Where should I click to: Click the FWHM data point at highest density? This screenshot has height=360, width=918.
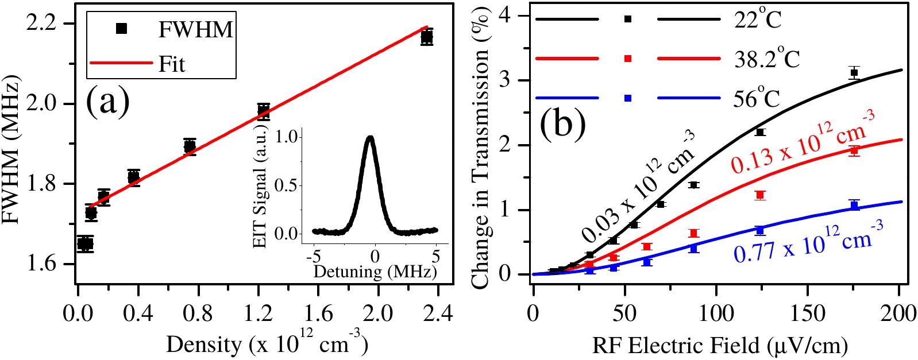tap(427, 38)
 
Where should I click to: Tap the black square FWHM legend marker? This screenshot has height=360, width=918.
tap(121, 28)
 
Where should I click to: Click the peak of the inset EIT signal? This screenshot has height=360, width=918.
tap(371, 137)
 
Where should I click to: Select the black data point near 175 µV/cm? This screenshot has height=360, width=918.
tap(854, 72)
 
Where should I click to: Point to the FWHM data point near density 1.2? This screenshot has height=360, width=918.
tap(264, 110)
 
